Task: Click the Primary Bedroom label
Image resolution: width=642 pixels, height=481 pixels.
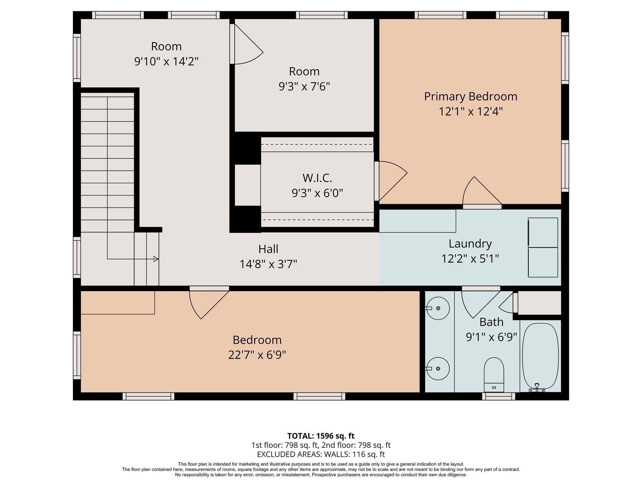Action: [x=471, y=96]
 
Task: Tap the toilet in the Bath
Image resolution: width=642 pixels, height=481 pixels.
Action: [x=494, y=374]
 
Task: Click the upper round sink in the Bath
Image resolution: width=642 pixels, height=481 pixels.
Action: [x=438, y=308]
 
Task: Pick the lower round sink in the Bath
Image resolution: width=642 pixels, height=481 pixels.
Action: [x=438, y=369]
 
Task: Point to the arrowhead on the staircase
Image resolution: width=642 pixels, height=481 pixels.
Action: [x=155, y=259]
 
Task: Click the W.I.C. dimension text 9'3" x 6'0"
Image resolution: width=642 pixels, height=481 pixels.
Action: [x=317, y=193]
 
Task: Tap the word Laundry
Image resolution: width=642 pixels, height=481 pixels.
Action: [x=470, y=244]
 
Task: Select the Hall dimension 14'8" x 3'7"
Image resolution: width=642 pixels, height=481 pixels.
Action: [x=268, y=264]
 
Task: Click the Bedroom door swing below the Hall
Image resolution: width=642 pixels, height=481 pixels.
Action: [x=207, y=302]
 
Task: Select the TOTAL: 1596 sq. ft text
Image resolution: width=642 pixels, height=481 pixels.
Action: [x=321, y=436]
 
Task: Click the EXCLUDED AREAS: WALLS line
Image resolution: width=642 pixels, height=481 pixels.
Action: [x=321, y=454]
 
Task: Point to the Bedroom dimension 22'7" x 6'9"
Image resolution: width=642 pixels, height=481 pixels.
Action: [x=257, y=355]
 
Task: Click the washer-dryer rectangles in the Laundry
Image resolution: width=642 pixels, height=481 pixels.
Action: [x=543, y=247]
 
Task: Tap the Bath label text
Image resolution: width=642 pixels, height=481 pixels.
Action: [x=491, y=322]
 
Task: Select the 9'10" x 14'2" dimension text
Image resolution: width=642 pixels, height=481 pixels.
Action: [x=166, y=61]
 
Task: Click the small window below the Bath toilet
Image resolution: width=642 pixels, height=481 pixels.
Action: [x=498, y=396]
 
